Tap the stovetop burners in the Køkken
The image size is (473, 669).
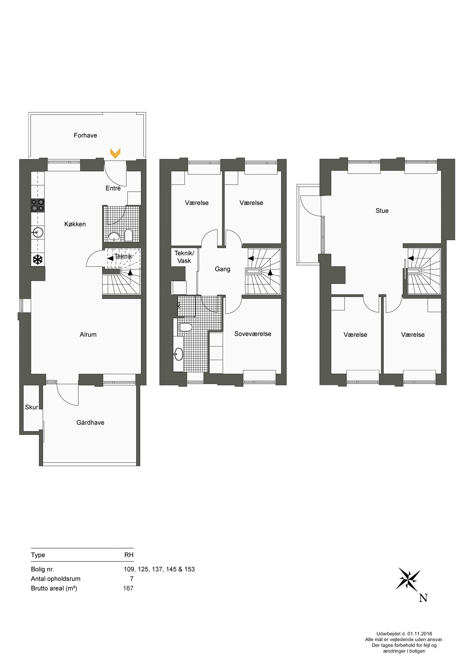point(38,205)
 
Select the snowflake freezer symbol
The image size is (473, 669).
point(38,260)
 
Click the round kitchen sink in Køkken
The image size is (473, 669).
point(38,233)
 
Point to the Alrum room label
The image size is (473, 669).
point(88,334)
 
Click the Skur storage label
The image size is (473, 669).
point(31,407)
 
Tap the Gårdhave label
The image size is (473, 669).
point(90,423)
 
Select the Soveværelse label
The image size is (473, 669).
point(253,334)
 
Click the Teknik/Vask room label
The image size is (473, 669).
point(184,257)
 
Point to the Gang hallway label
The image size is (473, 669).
point(223,269)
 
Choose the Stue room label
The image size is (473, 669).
point(382,211)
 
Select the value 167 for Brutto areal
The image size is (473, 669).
point(128,588)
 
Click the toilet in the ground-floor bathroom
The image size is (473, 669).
point(128,235)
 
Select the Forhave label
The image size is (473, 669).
point(85,135)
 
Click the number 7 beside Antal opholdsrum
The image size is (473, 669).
point(132,579)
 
